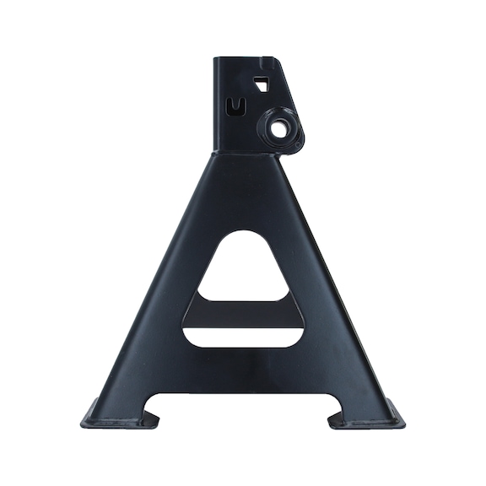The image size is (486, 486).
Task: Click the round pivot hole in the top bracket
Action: pos(278,129)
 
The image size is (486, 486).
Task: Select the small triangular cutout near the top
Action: pos(262,84)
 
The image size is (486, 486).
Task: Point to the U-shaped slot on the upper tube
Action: pos(237,105)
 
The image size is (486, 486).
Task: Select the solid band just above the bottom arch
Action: pos(243,371)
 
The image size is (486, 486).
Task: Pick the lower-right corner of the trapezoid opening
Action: pos(300,341)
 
